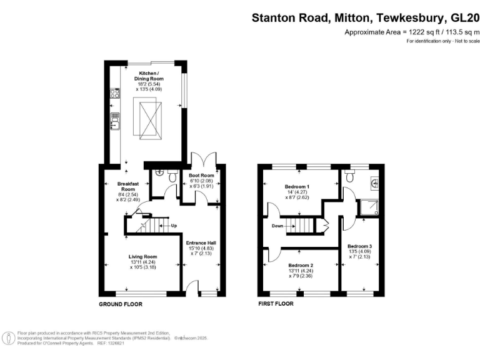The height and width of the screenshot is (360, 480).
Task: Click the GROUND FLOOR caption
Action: pyautogui.click(x=121, y=304)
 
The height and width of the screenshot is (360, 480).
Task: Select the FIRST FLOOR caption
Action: pyautogui.click(x=276, y=304)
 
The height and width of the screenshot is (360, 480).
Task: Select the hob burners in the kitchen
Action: pyautogui.click(x=115, y=94)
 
